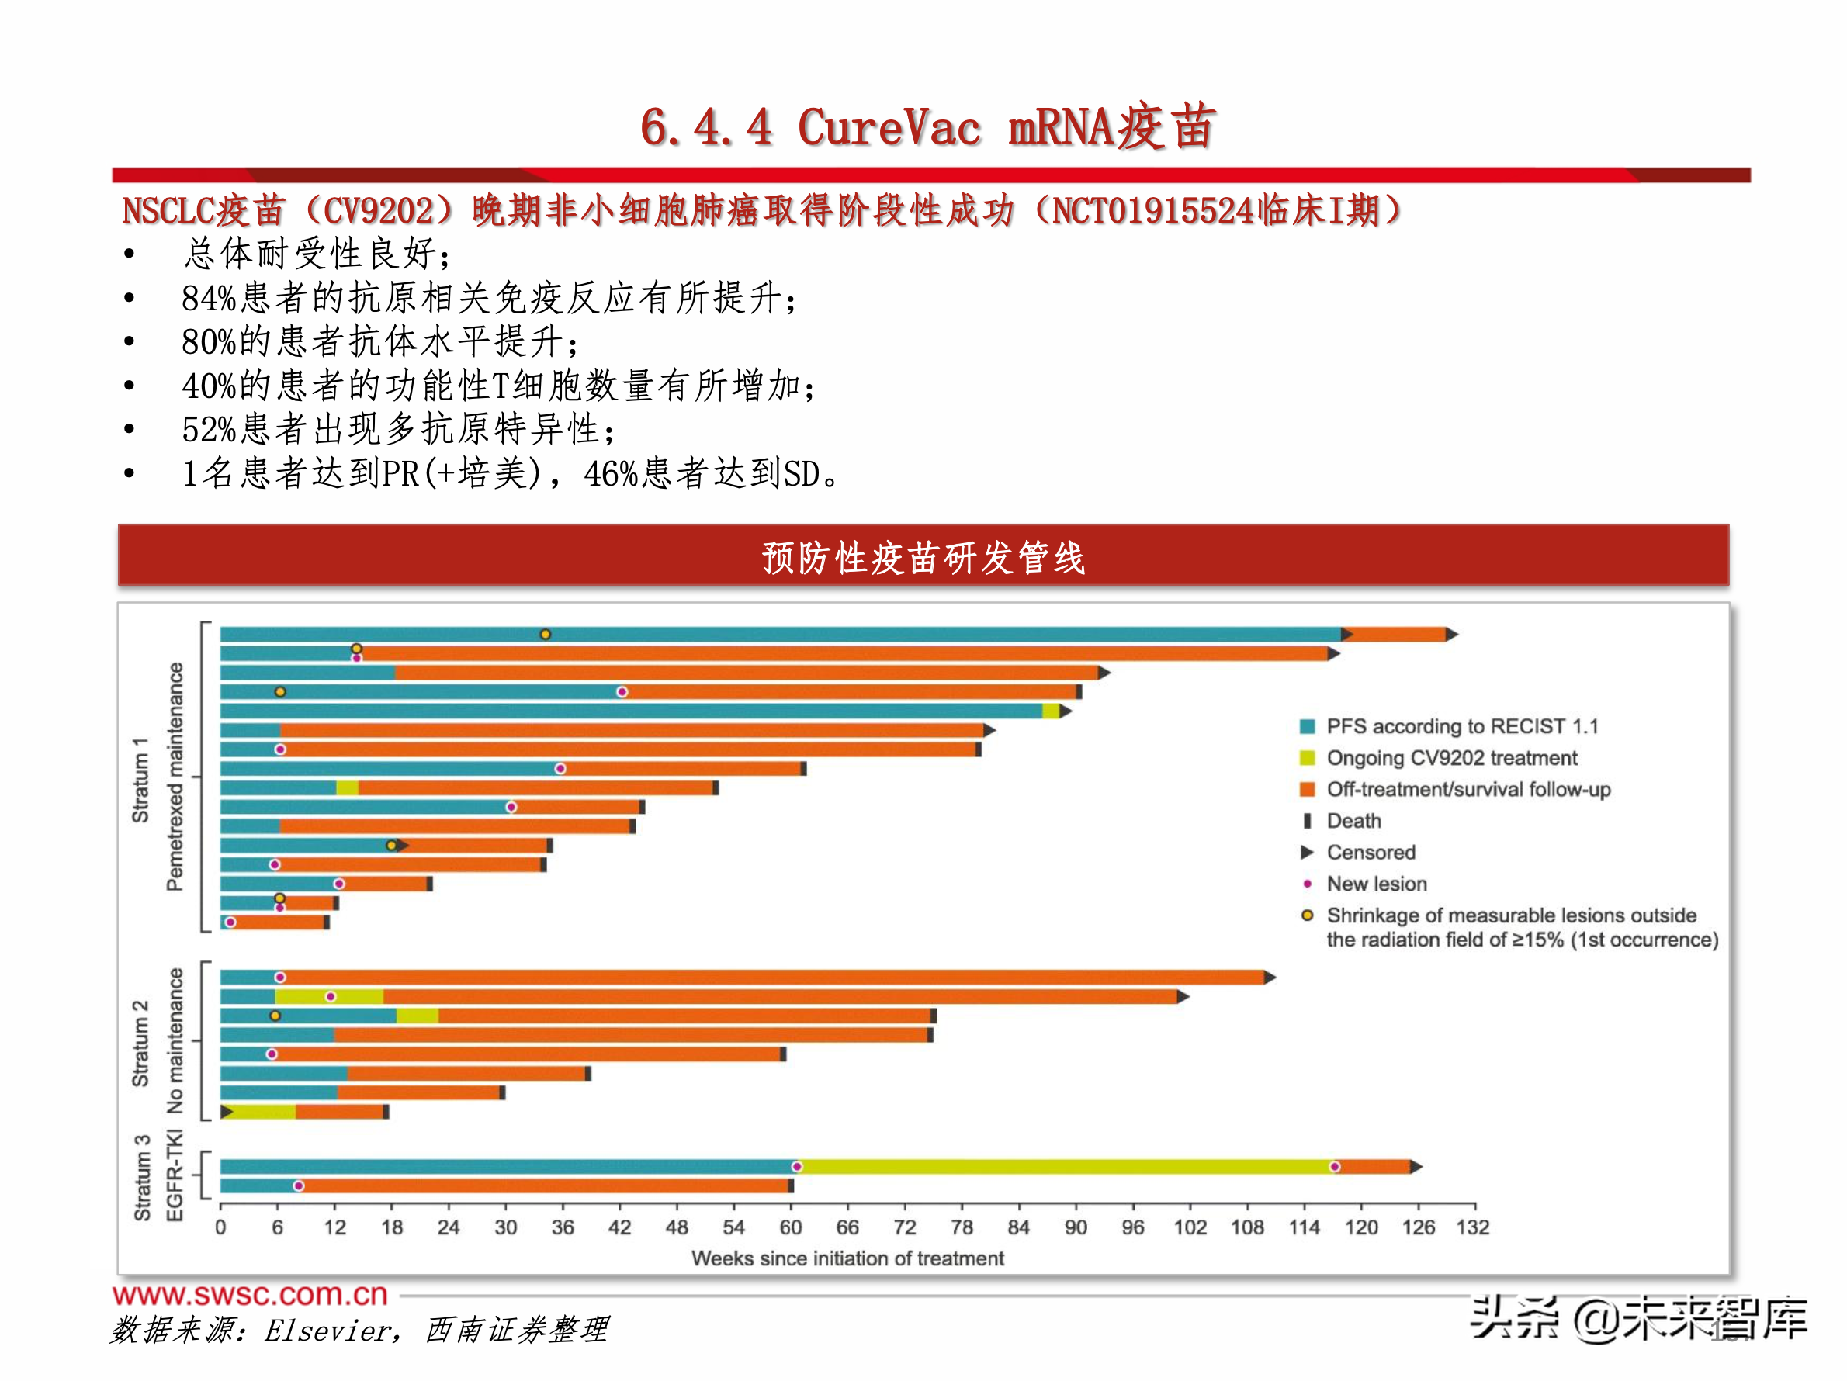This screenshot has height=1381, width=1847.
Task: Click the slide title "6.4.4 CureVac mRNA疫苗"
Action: (927, 128)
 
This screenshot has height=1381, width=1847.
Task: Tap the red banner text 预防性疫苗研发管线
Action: (923, 557)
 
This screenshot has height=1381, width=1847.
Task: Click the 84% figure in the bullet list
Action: (209, 298)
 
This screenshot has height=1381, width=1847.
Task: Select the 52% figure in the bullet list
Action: (209, 430)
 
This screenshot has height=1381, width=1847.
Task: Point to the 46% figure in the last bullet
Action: (611, 474)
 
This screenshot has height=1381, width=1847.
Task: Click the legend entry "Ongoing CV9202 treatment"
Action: (1451, 758)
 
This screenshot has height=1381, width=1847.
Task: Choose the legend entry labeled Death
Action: (1353, 821)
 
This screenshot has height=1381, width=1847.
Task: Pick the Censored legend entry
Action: (1371, 853)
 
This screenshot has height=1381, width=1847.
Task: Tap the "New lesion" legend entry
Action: (1376, 884)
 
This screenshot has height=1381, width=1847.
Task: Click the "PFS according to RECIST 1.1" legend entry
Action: (1461, 726)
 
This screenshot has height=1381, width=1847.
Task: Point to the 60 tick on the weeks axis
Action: (790, 1227)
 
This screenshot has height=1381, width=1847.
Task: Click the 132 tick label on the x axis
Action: (1473, 1227)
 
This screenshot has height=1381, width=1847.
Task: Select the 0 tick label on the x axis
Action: (220, 1227)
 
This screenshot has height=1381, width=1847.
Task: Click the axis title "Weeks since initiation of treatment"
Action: (847, 1258)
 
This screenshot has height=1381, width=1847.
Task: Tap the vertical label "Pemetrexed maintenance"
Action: (175, 777)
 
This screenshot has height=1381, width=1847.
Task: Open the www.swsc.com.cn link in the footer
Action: (251, 1294)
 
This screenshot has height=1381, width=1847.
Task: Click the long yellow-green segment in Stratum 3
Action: (1065, 1166)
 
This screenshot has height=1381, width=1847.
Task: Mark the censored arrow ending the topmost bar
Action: (1452, 635)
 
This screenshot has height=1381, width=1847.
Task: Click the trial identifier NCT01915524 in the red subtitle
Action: (1152, 210)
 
